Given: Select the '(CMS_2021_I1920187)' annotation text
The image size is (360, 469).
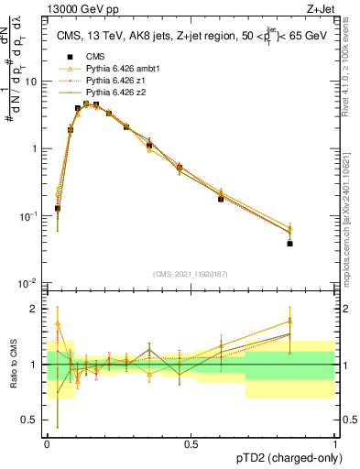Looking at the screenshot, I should click(191, 274).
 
